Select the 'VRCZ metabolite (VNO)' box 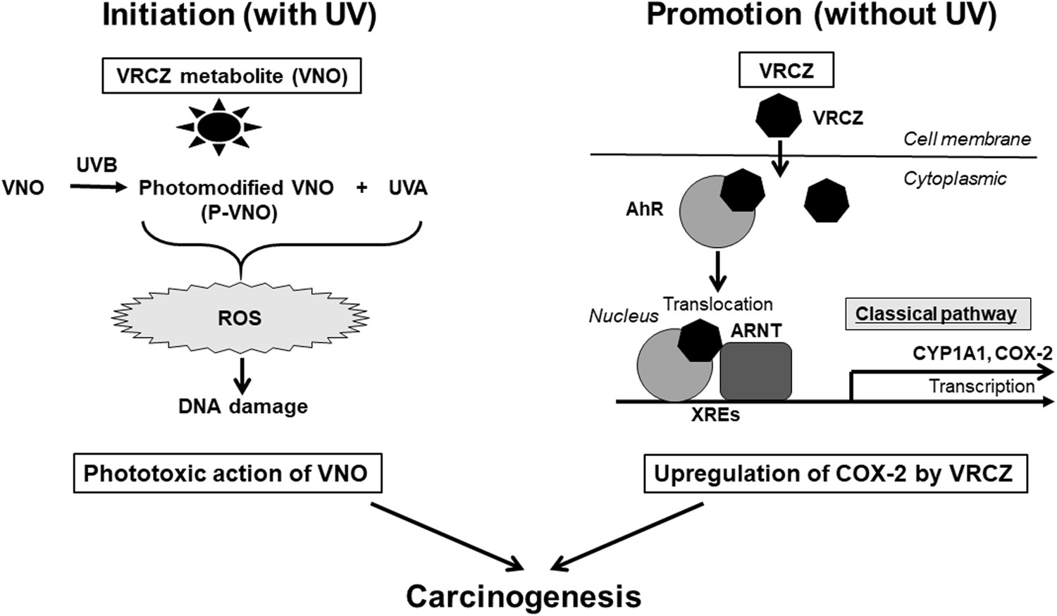pyautogui.click(x=232, y=76)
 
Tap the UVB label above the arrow pyautogui.click(x=97, y=166)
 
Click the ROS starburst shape pyautogui.click(x=240, y=318)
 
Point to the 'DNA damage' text pyautogui.click(x=243, y=407)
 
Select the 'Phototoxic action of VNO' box pyautogui.click(x=226, y=473)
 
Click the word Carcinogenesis pyautogui.click(x=524, y=596)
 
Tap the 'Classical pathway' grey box pyautogui.click(x=937, y=314)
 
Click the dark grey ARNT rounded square pyautogui.click(x=755, y=371)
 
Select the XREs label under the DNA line pyautogui.click(x=715, y=415)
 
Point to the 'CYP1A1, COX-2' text pyautogui.click(x=982, y=352)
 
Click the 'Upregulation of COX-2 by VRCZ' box pyautogui.click(x=834, y=474)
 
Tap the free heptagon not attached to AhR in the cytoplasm pyautogui.click(x=827, y=201)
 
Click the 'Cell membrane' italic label pyautogui.click(x=967, y=139)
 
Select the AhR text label pyautogui.click(x=644, y=209)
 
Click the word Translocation pyautogui.click(x=717, y=304)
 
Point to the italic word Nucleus pyautogui.click(x=623, y=316)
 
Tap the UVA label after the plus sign pyautogui.click(x=408, y=188)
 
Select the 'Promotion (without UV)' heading pyautogui.click(x=821, y=16)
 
